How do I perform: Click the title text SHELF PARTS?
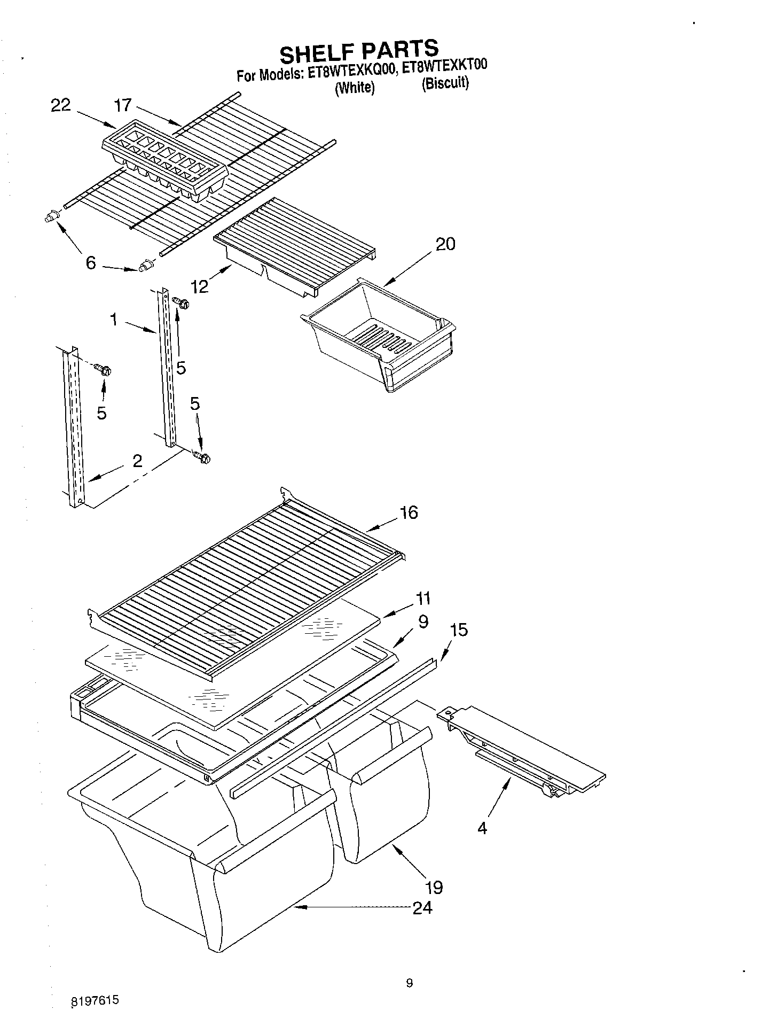(x=359, y=51)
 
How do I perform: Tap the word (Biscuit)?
(x=445, y=84)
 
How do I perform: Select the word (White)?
(x=354, y=87)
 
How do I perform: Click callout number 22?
(x=60, y=105)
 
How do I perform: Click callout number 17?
(x=123, y=105)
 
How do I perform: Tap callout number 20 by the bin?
(x=445, y=245)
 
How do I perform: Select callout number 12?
(x=200, y=286)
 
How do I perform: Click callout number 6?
(x=91, y=263)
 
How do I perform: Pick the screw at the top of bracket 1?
(x=182, y=304)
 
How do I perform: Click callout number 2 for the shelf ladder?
(x=137, y=461)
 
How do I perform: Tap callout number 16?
(x=409, y=513)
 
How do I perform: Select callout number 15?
(x=459, y=630)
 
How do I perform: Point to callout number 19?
(x=434, y=888)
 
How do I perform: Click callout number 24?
(x=422, y=907)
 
